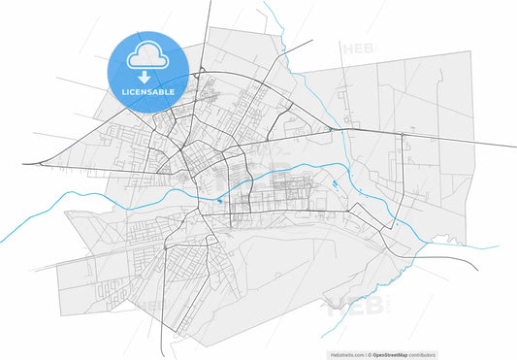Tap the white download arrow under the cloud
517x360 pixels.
148,76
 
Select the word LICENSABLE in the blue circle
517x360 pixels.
148,91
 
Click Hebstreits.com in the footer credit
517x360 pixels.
347,354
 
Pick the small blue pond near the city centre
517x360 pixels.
220,201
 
